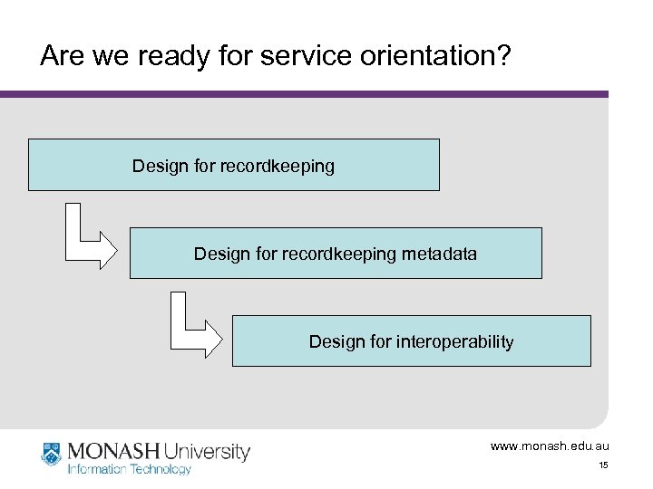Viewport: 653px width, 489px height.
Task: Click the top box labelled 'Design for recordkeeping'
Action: point(233,165)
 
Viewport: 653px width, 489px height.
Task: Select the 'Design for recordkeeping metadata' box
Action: point(336,253)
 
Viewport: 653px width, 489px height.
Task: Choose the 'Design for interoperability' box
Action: point(411,340)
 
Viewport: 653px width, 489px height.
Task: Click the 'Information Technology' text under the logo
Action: point(130,469)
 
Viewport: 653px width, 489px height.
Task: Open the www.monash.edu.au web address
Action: point(550,446)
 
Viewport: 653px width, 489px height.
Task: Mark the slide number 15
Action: point(602,465)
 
